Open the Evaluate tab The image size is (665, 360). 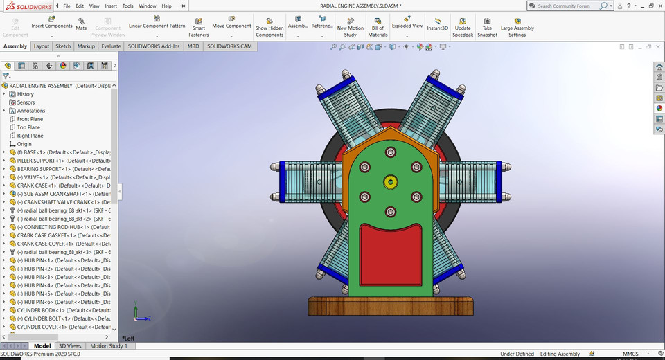tap(111, 46)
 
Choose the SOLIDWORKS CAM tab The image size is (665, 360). tap(230, 46)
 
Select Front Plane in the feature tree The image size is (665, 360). tap(30, 119)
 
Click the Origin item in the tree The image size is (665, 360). tap(24, 144)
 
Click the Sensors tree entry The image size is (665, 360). tap(26, 102)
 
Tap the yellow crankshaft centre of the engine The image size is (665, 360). tap(391, 182)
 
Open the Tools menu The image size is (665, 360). tap(127, 6)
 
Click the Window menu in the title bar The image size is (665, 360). tap(147, 6)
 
